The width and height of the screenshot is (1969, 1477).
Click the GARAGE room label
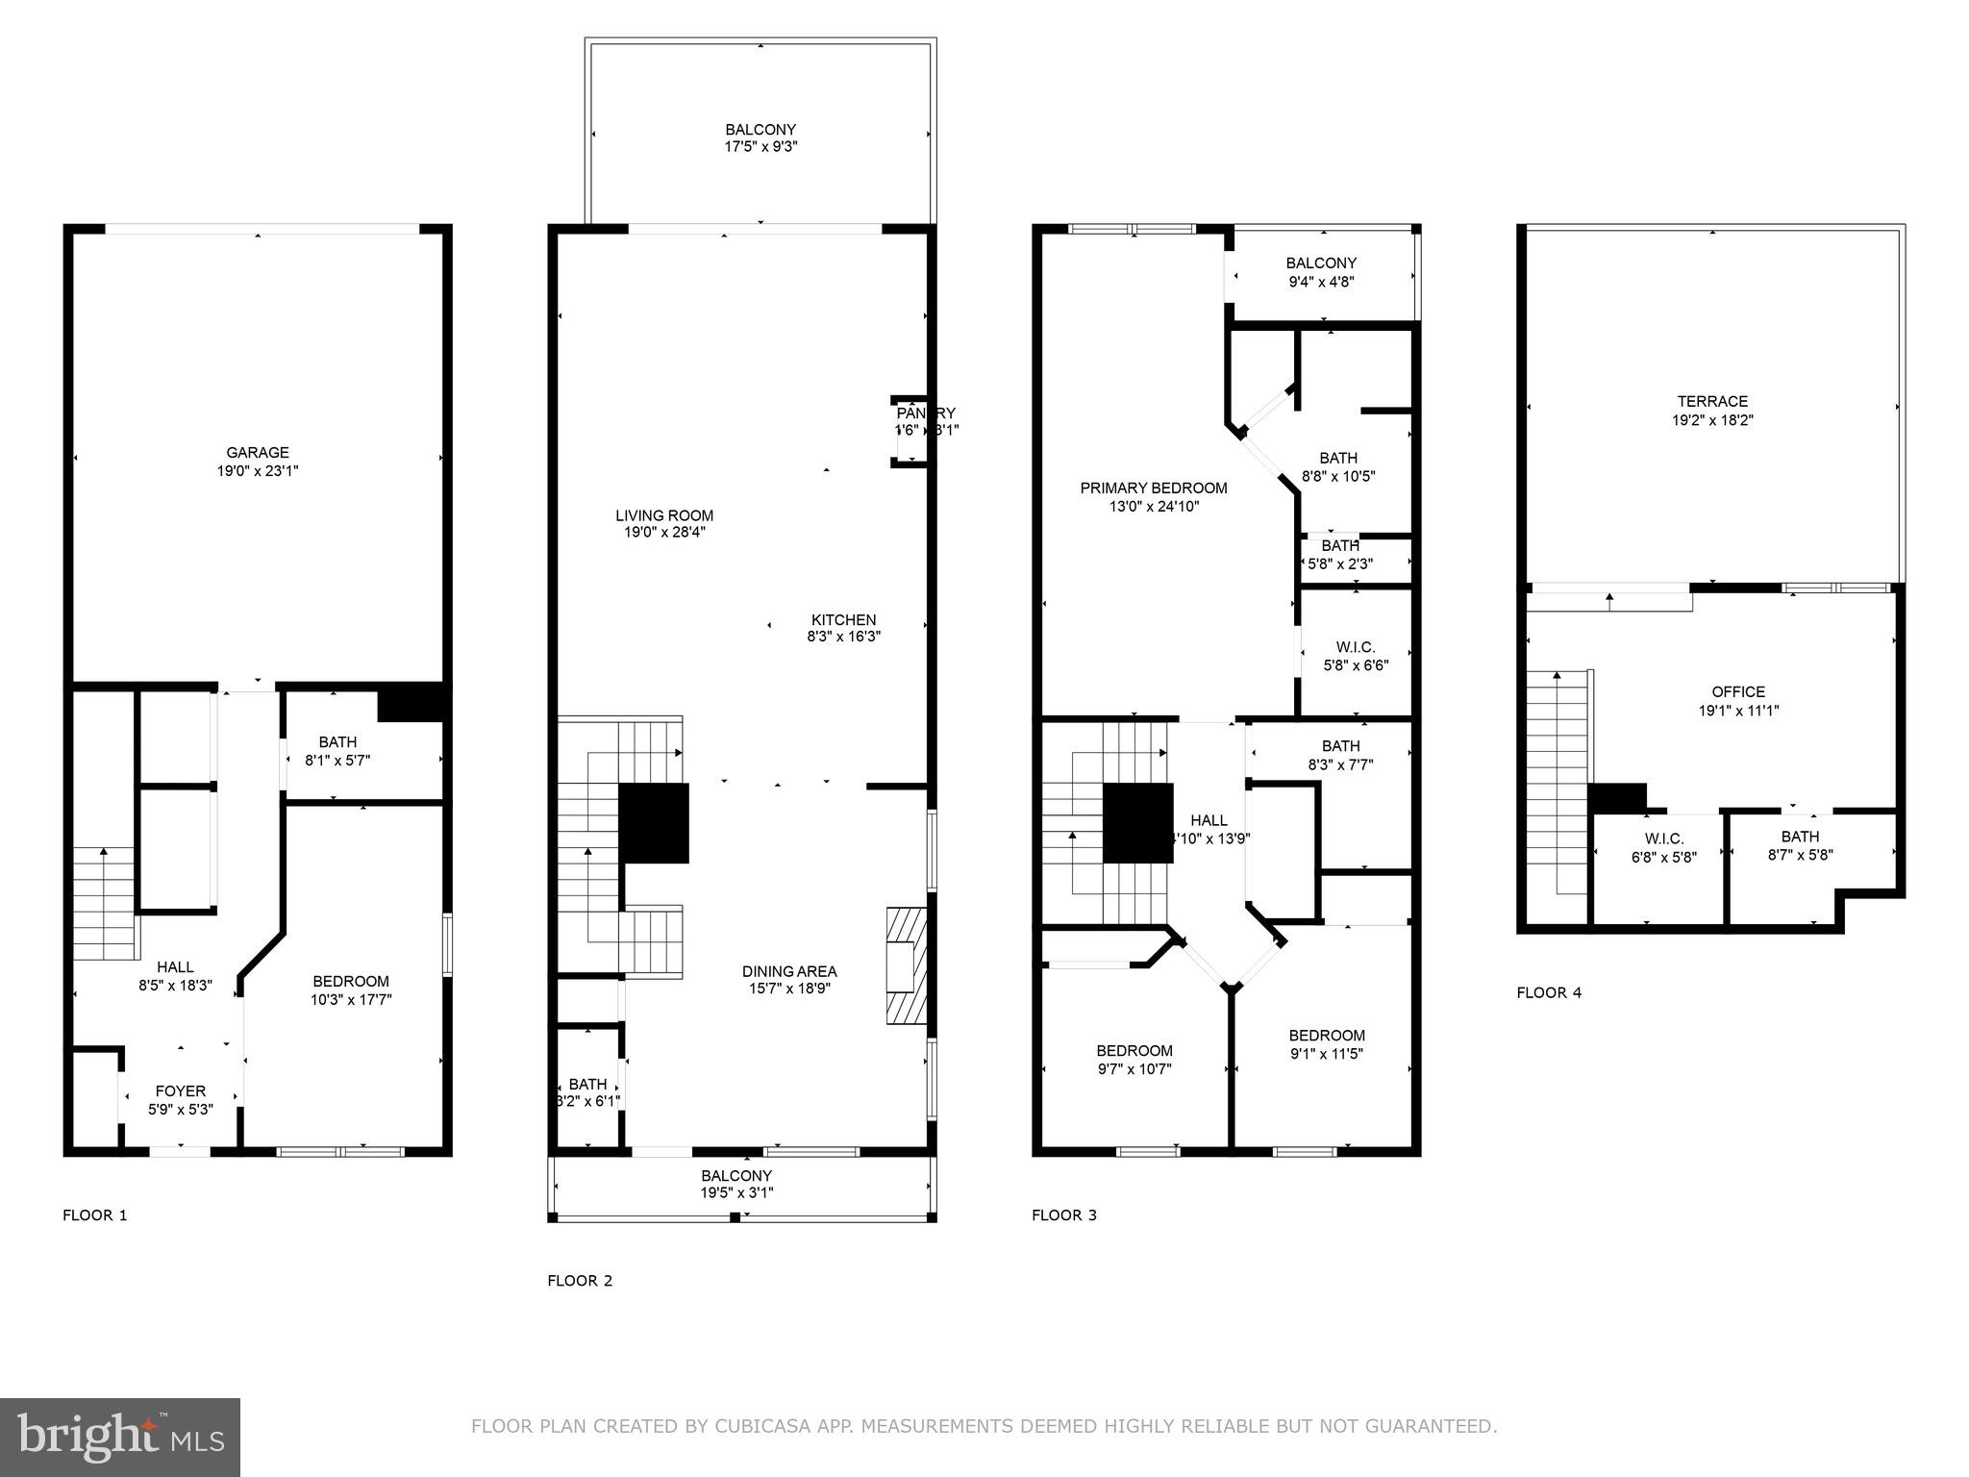point(257,452)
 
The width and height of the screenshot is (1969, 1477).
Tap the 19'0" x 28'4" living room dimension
point(664,532)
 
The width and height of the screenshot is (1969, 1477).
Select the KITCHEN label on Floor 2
point(843,620)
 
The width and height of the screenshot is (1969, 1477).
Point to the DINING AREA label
point(789,971)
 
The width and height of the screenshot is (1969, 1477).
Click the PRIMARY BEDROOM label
point(1153,488)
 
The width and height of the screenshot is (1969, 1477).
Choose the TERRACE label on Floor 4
point(1712,402)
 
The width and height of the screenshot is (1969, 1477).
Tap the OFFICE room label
point(1738,692)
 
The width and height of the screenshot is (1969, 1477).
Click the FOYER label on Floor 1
point(181,1091)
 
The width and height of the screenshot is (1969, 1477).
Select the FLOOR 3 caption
point(1063,1215)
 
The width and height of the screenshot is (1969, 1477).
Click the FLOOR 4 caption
point(1548,993)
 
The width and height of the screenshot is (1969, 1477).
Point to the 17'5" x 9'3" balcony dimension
point(760,147)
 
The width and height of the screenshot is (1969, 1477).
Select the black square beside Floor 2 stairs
point(654,823)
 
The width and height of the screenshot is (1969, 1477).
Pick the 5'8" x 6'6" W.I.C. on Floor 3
point(1356,656)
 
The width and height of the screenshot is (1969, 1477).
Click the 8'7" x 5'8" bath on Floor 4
point(1800,845)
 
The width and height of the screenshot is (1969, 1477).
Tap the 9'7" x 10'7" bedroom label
point(1134,1060)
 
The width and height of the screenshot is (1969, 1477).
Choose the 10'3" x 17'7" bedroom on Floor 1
point(351,990)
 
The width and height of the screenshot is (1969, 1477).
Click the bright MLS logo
point(120,1437)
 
